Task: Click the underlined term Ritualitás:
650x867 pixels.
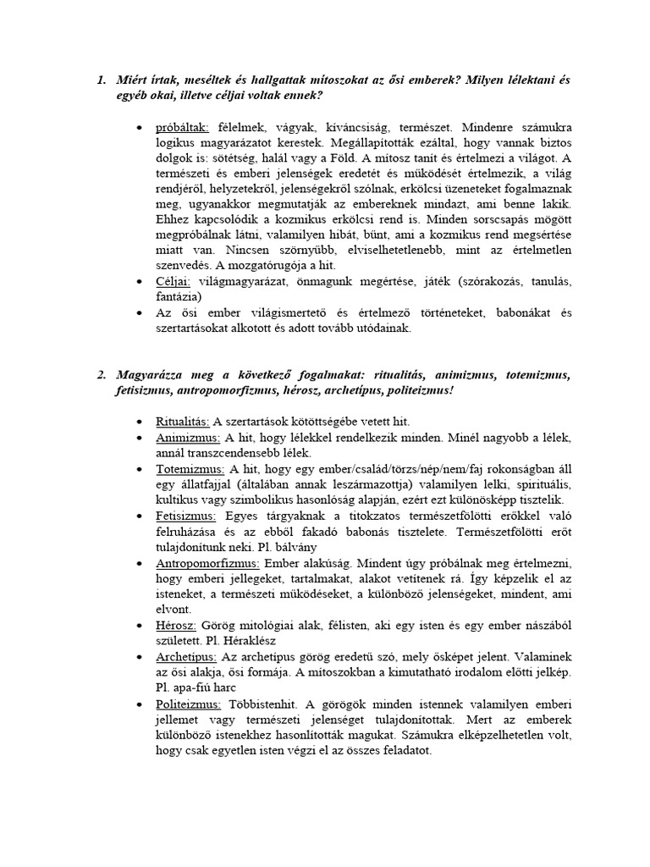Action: point(183,421)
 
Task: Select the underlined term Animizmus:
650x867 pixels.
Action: point(188,438)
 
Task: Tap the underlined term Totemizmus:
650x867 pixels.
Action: point(190,468)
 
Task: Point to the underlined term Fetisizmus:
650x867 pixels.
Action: point(186,516)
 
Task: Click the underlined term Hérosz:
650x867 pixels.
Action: point(176,625)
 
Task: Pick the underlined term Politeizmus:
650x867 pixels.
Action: point(186,704)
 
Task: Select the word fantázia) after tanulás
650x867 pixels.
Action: point(180,296)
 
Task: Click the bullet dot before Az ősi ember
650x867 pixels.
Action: point(140,312)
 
